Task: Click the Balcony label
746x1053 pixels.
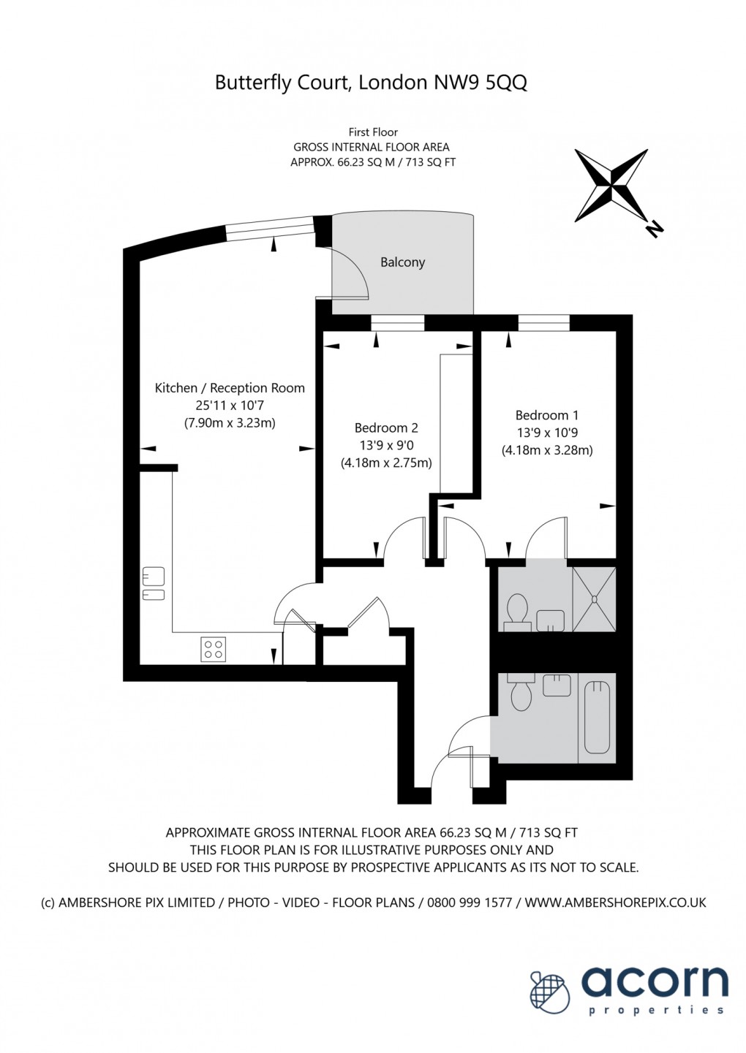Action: (x=402, y=262)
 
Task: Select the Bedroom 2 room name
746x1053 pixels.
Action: (x=386, y=428)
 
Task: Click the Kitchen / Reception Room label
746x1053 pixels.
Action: (x=230, y=388)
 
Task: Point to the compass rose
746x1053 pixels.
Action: (x=611, y=186)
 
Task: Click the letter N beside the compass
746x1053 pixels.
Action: (x=654, y=229)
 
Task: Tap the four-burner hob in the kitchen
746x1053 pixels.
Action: (x=214, y=649)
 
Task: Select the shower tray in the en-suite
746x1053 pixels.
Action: (x=594, y=599)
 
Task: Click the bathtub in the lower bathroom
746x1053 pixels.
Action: (x=597, y=718)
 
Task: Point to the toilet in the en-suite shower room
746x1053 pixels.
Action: (x=518, y=610)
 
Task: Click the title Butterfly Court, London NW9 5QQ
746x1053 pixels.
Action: (x=371, y=83)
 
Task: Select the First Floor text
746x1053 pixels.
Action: (x=373, y=132)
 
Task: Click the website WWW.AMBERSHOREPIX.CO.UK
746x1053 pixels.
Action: (x=615, y=902)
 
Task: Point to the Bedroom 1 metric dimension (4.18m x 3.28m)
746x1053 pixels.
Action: (x=546, y=450)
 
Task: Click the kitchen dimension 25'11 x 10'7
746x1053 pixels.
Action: (x=230, y=406)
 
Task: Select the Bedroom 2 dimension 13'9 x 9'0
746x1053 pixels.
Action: (x=386, y=445)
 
